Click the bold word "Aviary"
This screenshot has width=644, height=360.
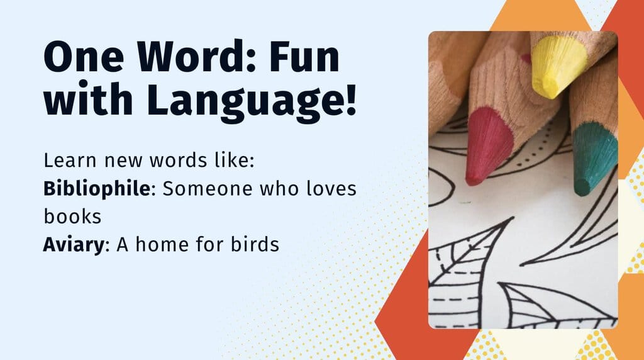point(72,244)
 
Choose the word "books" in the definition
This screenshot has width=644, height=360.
point(72,217)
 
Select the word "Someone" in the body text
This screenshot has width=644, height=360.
point(208,188)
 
